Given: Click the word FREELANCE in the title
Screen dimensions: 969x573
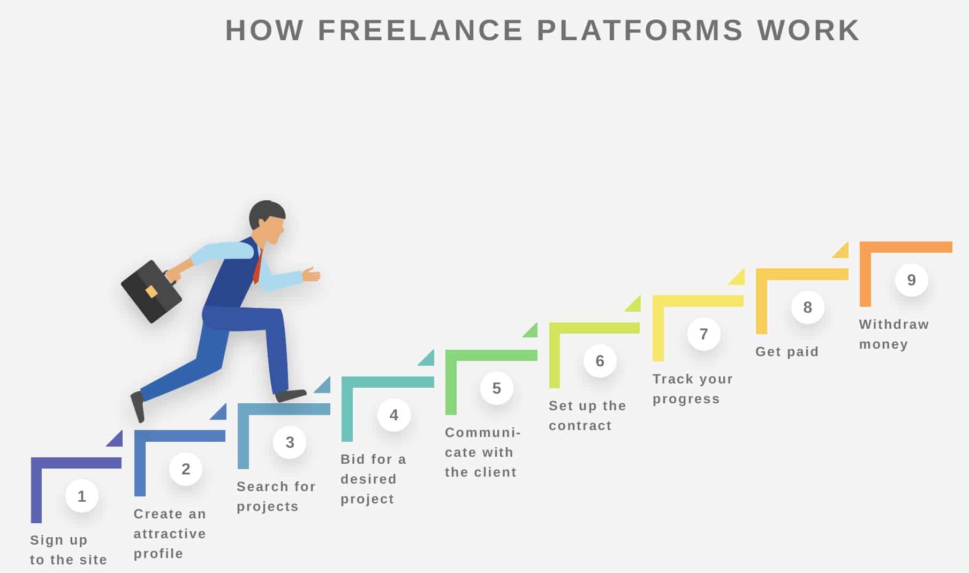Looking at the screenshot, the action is pyautogui.click(x=421, y=30).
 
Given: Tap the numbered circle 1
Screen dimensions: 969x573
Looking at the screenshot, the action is pyautogui.click(x=82, y=496).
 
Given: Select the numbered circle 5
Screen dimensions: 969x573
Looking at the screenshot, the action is pyautogui.click(x=497, y=388).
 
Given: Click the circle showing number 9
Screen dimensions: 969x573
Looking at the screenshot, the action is pyautogui.click(x=912, y=280).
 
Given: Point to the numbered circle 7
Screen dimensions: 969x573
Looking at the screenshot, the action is pyautogui.click(x=704, y=334).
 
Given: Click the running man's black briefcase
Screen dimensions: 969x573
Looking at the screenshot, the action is pyautogui.click(x=151, y=291).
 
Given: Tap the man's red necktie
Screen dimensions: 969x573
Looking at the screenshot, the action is pyautogui.click(x=258, y=266).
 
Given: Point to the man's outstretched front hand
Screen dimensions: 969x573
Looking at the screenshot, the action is pyautogui.click(x=311, y=274).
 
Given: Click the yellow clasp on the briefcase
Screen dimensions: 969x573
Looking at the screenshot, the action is pyautogui.click(x=152, y=291).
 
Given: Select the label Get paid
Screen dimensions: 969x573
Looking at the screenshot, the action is pyautogui.click(x=787, y=352).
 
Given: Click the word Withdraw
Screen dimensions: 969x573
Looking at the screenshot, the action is pyautogui.click(x=894, y=325).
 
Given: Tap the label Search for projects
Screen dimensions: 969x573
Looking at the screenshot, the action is pyautogui.click(x=276, y=496).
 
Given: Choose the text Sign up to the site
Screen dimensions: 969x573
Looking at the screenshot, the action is pyautogui.click(x=69, y=550).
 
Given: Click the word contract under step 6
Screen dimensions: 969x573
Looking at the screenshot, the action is pyautogui.click(x=580, y=426).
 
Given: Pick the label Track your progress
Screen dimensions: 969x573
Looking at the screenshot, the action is pyautogui.click(x=693, y=389).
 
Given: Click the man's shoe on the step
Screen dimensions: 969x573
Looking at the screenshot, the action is pyautogui.click(x=291, y=396).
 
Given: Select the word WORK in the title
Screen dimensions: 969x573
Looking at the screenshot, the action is pyautogui.click(x=808, y=30).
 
